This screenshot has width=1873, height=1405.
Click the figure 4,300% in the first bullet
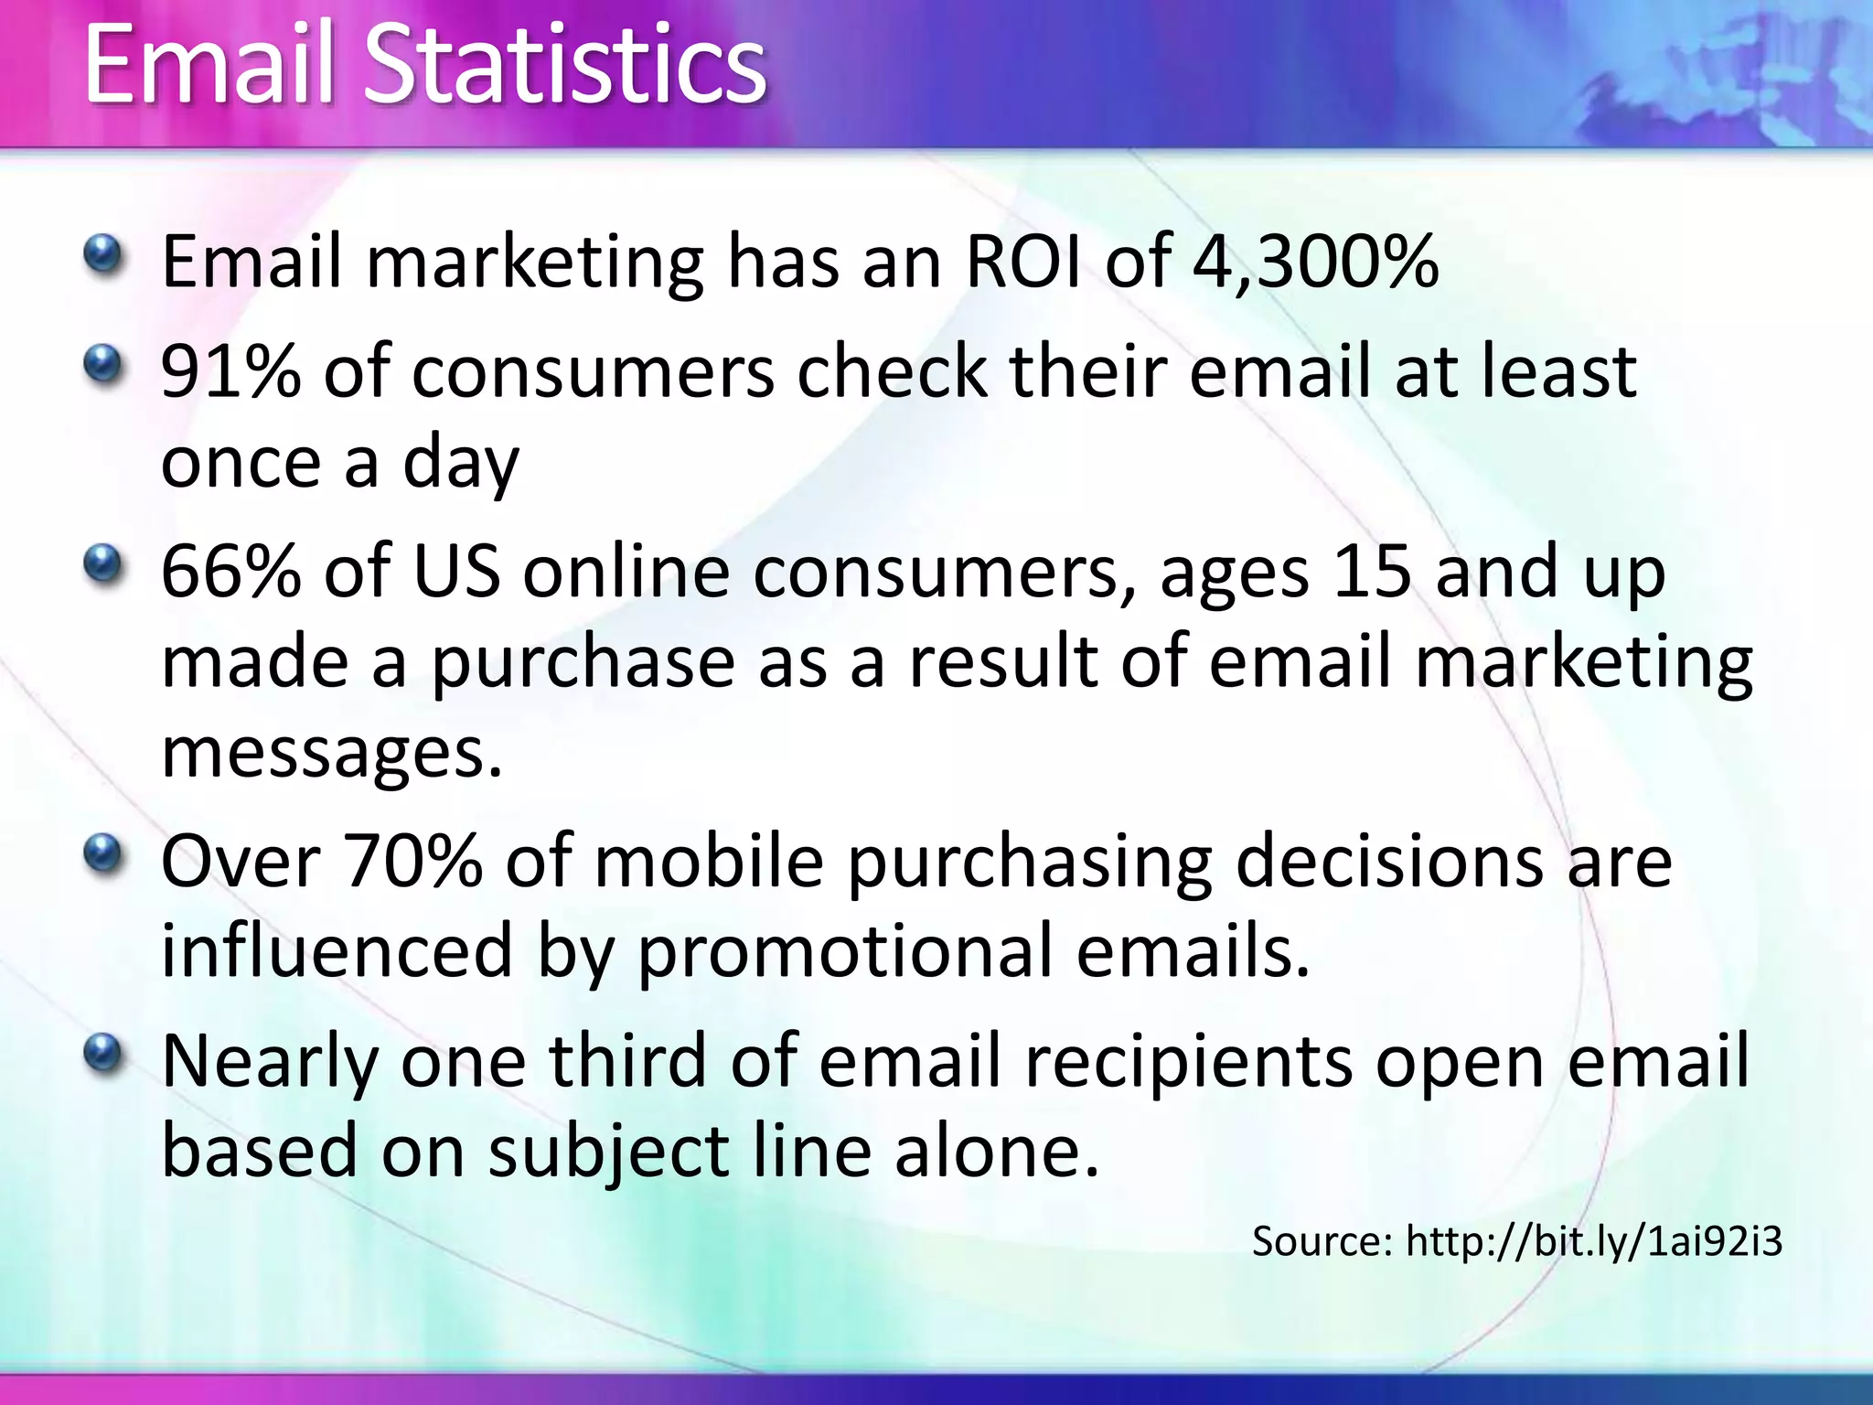point(1315,263)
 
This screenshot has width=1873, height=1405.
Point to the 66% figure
point(230,571)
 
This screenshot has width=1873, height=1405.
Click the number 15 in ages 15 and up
point(1372,571)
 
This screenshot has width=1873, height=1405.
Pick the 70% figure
point(412,862)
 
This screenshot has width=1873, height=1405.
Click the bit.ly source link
point(1593,1241)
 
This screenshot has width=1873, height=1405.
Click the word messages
point(331,754)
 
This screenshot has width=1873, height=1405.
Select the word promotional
point(844,951)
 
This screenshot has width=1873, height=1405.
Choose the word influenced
point(337,951)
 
